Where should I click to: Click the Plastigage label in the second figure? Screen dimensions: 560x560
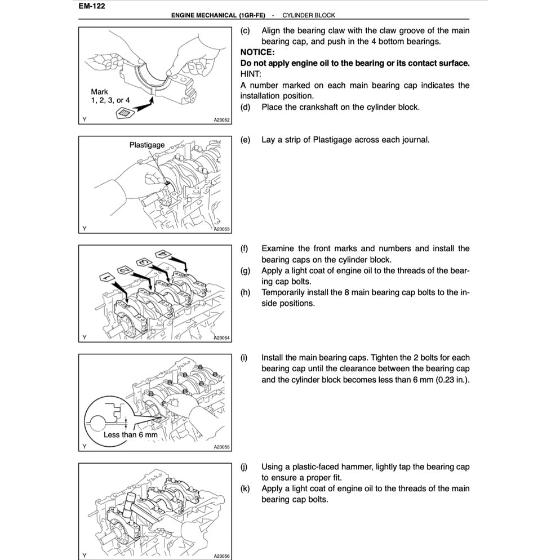pyautogui.click(x=147, y=145)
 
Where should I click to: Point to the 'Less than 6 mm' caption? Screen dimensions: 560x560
pyautogui.click(x=131, y=435)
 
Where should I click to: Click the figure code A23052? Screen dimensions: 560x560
pyautogui.click(x=221, y=120)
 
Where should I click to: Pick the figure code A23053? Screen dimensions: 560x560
pyautogui.click(x=221, y=229)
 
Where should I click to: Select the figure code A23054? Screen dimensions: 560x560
pyautogui.click(x=221, y=338)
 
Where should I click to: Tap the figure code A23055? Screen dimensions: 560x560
pyautogui.click(x=221, y=447)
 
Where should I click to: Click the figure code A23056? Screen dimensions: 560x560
pyautogui.click(x=221, y=555)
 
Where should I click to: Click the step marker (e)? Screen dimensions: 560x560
pyautogui.click(x=245, y=140)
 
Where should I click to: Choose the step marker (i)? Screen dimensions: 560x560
pyautogui.click(x=244, y=358)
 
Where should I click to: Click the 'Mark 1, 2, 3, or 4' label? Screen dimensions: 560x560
pyautogui.click(x=110, y=96)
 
